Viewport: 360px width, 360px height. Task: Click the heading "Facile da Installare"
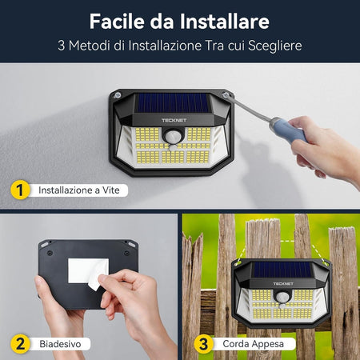point(179,20)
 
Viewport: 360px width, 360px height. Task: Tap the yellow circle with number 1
point(21,190)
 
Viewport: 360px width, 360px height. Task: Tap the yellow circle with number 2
point(21,344)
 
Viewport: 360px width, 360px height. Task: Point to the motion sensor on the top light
point(173,138)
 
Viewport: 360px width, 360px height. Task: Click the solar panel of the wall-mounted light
point(173,102)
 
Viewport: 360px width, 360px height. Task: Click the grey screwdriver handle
point(286,127)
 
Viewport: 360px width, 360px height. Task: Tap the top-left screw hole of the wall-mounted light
point(118,96)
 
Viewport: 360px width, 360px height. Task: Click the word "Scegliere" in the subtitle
point(274,46)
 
